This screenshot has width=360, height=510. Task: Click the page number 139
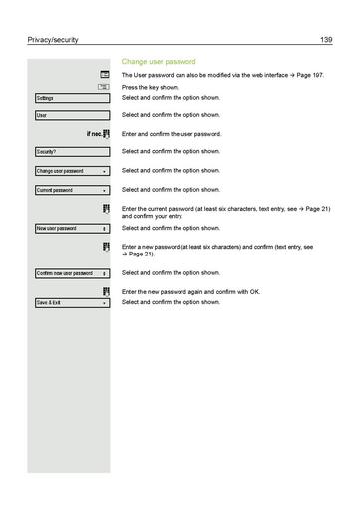(326, 40)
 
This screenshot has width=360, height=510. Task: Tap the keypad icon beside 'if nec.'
(105, 133)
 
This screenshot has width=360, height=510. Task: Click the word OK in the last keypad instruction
(254, 291)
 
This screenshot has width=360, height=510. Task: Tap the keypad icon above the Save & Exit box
(105, 290)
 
